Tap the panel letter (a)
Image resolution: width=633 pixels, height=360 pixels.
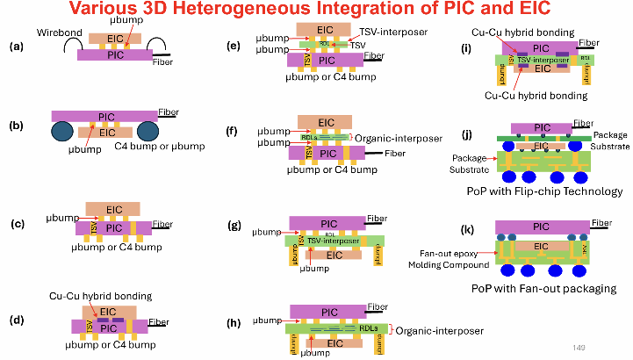click(16, 47)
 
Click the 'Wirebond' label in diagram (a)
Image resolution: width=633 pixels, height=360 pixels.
click(57, 33)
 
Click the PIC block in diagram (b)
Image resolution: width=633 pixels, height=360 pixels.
click(104, 115)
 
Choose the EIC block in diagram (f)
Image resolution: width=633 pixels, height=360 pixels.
click(321, 122)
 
